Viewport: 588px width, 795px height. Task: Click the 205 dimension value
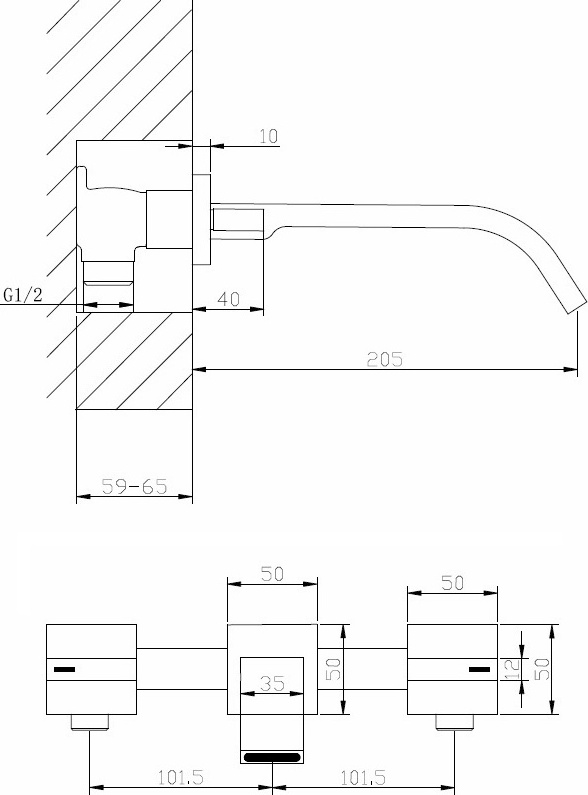[x=385, y=359]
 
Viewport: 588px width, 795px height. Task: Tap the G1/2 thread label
[x=23, y=294]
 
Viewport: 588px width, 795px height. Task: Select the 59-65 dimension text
[x=134, y=486]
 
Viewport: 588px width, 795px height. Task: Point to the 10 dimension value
[x=269, y=136]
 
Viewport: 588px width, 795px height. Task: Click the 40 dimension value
[x=228, y=299]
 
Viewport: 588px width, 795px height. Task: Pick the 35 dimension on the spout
[x=272, y=683]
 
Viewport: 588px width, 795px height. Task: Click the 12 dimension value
[x=513, y=669]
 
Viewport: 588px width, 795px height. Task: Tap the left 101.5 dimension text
[x=181, y=777]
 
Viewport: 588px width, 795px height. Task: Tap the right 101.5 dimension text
[x=363, y=777]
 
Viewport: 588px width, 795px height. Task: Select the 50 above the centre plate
[x=272, y=574]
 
